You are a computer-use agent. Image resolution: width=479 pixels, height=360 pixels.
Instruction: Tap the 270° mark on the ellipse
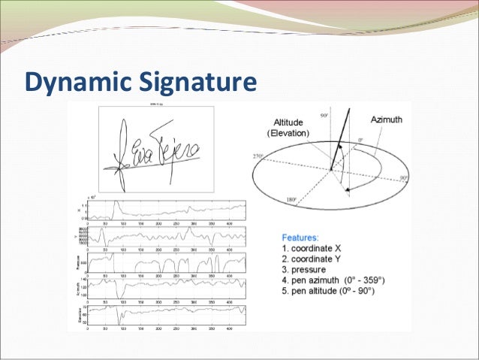pyautogui.click(x=261, y=156)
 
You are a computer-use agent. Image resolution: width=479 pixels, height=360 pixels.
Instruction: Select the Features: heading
pyautogui.click(x=299, y=236)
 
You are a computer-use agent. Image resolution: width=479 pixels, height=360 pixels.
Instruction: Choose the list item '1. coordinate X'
pyautogui.click(x=311, y=248)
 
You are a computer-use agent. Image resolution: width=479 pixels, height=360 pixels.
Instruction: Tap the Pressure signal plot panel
pyautogui.click(x=165, y=264)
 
